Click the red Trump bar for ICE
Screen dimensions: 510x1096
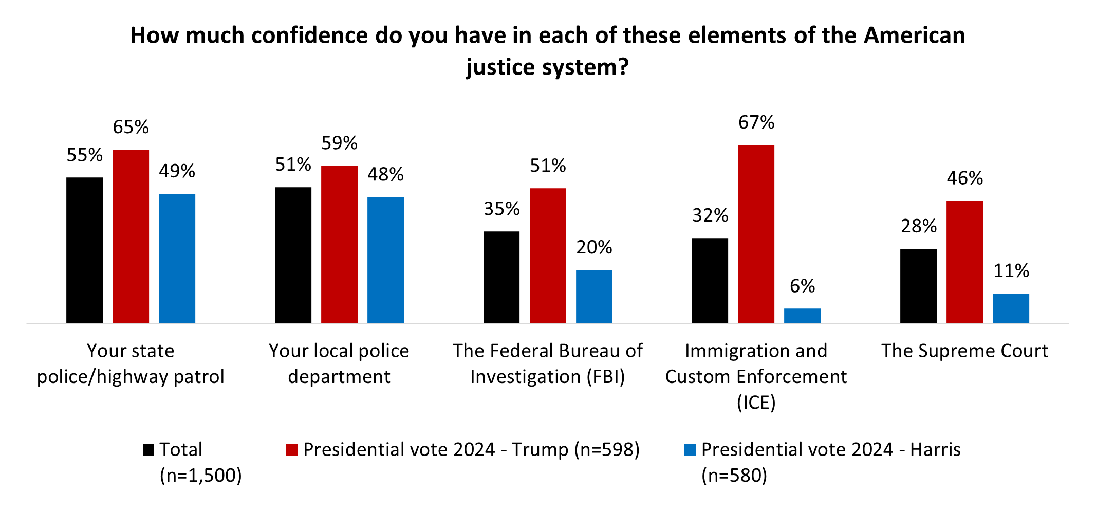(756, 234)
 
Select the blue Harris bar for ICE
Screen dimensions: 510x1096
(802, 316)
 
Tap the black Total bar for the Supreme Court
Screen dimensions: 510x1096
(918, 286)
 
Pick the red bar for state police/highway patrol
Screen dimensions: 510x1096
(131, 236)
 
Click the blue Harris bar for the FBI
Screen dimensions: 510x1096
(594, 296)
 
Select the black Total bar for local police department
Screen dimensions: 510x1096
(293, 255)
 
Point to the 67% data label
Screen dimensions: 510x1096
(756, 122)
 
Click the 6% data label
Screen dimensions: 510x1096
(802, 286)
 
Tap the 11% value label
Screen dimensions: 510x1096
(1011, 271)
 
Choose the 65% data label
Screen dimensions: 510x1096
(131, 127)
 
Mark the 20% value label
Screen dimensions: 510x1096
(594, 248)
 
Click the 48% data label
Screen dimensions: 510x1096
(385, 175)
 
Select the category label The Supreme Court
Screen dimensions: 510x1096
(964, 351)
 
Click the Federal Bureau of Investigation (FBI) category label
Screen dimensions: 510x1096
(548, 363)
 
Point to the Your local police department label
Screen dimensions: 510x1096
(339, 363)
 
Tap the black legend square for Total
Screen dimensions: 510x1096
(148, 450)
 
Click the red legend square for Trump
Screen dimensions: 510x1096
(292, 450)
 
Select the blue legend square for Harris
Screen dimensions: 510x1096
(690, 450)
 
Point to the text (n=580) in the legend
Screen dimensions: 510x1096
(734, 476)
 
